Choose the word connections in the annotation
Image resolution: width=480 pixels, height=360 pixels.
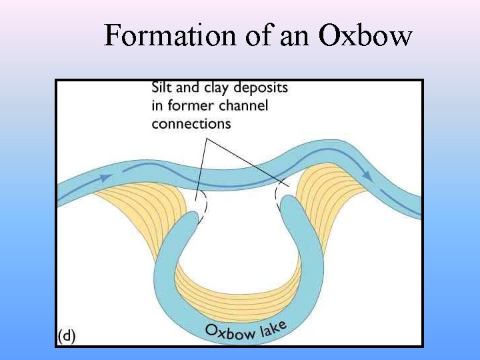tap(191, 123)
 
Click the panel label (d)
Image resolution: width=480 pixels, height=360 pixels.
tap(66, 336)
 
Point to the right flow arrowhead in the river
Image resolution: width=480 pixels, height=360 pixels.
tap(366, 175)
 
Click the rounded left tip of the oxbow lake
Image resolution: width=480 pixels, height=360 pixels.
tap(194, 224)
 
